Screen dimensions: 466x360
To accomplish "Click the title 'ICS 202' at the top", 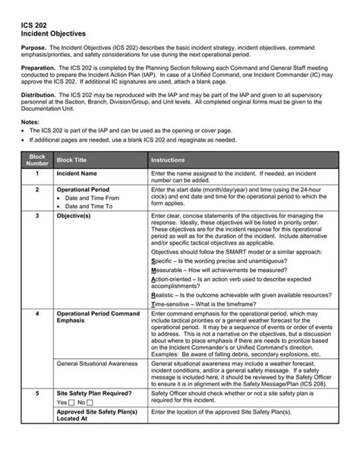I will point(33,25).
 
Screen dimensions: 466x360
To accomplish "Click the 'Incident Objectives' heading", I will point(53,34).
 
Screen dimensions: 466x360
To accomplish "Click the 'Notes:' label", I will point(30,122).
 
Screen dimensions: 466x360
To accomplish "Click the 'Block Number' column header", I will point(36,160).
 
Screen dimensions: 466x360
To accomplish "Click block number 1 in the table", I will point(36,174).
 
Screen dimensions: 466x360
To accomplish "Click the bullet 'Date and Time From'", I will point(92,198).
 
